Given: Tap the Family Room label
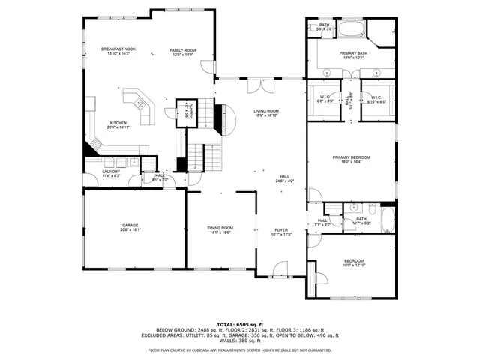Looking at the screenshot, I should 182,49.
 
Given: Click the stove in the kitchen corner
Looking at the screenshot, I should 96,142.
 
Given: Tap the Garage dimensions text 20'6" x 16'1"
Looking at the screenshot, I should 131,229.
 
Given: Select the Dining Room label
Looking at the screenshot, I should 220,227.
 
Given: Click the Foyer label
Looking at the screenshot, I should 281,230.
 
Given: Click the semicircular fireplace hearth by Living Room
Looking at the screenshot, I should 220,118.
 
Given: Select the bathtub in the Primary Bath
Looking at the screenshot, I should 349,30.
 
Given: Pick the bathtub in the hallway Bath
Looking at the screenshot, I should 388,220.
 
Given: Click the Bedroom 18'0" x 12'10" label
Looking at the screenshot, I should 352,261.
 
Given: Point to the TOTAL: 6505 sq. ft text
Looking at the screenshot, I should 239,323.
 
